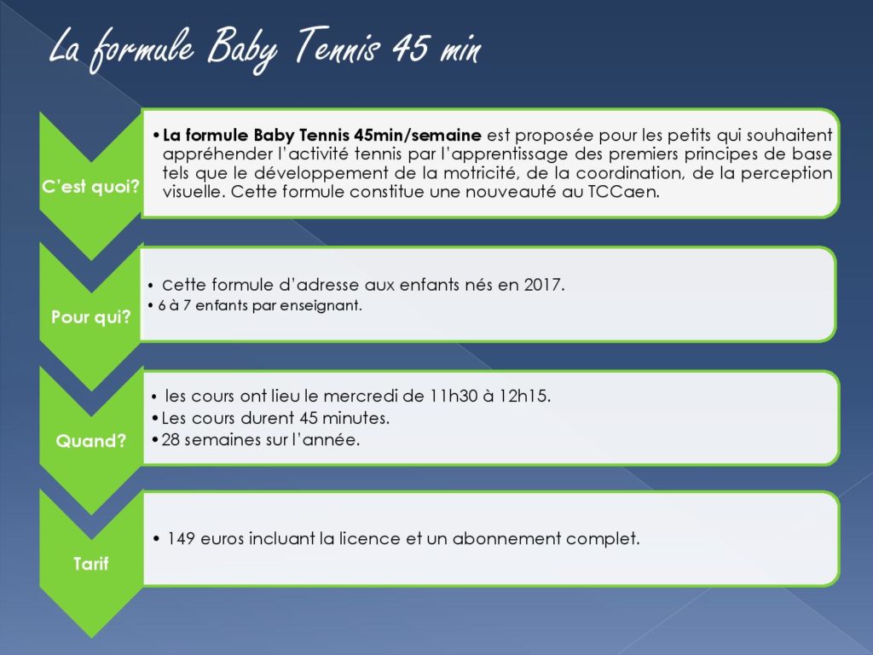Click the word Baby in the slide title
click(x=242, y=49)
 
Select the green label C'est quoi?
click(x=90, y=187)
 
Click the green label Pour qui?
click(x=90, y=317)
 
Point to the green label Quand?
click(x=90, y=441)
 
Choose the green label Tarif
click(x=90, y=564)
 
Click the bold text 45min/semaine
click(x=417, y=136)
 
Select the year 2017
click(x=544, y=285)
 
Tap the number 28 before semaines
click(x=171, y=440)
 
